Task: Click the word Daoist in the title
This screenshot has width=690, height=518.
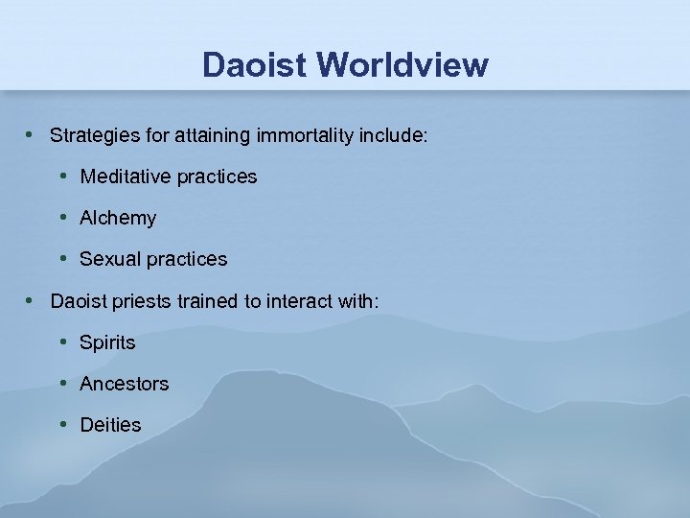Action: click(x=255, y=65)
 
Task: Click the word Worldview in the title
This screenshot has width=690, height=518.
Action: click(x=402, y=65)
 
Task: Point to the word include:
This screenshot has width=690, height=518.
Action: click(x=393, y=135)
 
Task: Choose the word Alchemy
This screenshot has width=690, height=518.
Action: click(x=118, y=218)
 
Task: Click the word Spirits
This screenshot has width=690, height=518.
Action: click(x=107, y=342)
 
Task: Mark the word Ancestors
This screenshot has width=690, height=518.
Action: click(x=125, y=384)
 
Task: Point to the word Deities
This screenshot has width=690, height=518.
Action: click(x=110, y=425)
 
